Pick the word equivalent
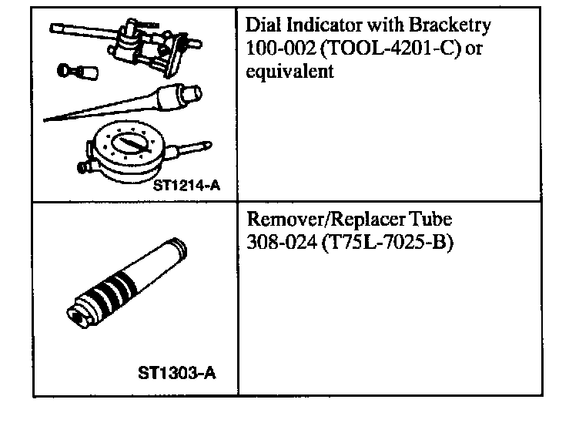point(289,71)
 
